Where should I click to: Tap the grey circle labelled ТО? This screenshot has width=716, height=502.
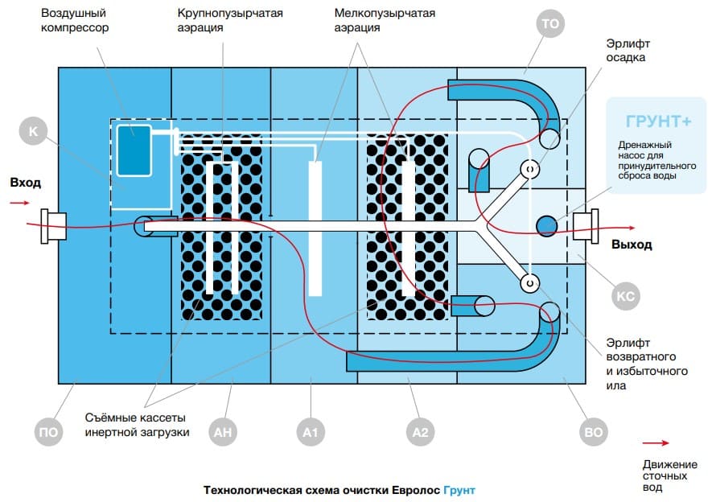tap(550, 25)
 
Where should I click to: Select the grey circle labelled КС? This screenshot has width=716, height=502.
tap(625, 296)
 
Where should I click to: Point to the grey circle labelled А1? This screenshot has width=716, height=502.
tap(311, 431)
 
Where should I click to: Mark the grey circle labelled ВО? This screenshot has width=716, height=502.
tap(592, 431)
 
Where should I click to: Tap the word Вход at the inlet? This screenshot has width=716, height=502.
tap(25, 183)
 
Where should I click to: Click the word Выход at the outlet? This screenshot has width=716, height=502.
tap(632, 245)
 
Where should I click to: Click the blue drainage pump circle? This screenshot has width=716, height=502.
tap(547, 224)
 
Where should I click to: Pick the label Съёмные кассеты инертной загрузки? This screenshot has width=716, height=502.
tap(137, 426)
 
